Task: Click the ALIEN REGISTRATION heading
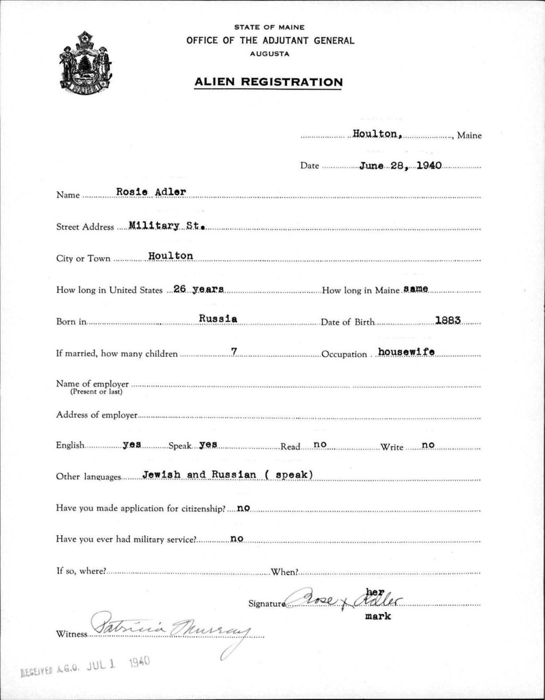coord(268,82)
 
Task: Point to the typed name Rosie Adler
coord(151,192)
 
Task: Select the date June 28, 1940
coord(400,166)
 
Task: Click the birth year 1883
coord(448,320)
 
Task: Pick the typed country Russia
coord(218,319)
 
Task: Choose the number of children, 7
coord(233,351)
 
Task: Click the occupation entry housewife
coord(406,352)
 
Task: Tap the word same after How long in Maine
coord(416,289)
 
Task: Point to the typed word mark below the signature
coord(378,616)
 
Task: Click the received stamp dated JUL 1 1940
coord(85,665)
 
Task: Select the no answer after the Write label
coord(428,445)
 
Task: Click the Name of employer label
coord(93,384)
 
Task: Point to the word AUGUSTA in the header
coord(269,54)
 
